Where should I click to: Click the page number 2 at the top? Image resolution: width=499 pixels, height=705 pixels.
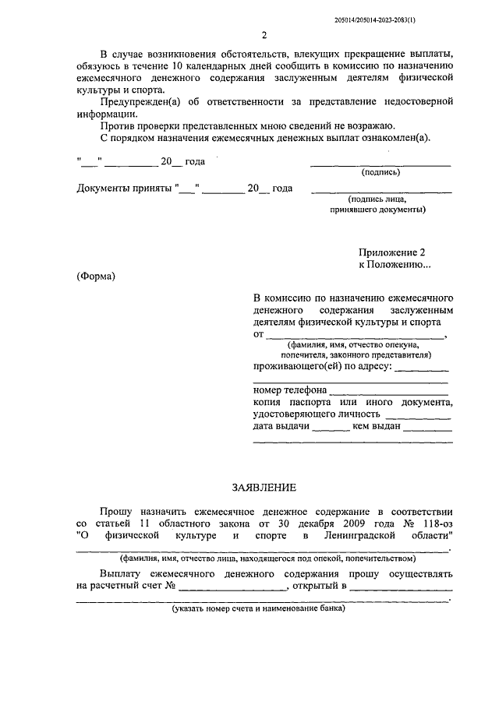[264, 36]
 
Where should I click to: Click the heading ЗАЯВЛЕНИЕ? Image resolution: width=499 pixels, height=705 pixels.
[264, 488]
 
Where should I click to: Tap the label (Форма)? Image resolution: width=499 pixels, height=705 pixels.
[96, 277]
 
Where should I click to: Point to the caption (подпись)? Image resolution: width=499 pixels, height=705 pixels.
[380, 173]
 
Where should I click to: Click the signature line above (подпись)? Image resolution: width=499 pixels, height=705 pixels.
[380, 164]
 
